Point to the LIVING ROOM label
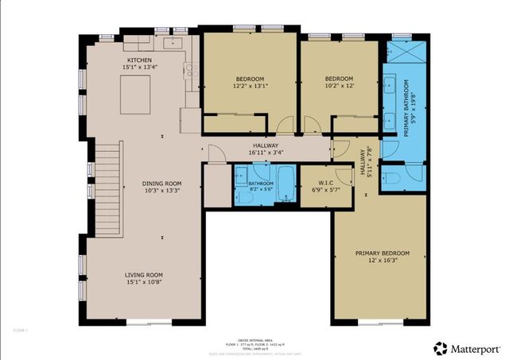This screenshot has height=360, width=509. (x=143, y=275)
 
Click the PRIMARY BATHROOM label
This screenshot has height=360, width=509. (x=405, y=108)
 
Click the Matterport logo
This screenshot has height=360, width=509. (x=467, y=348)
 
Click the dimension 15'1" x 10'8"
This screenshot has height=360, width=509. (x=143, y=283)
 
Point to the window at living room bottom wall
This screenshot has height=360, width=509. (x=148, y=322)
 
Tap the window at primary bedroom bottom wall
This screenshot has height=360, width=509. (x=379, y=322)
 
